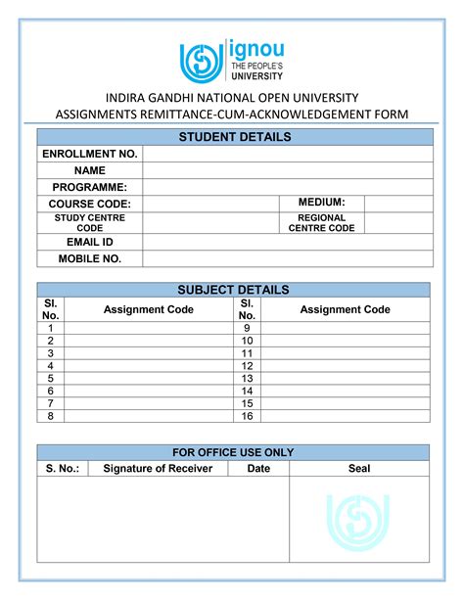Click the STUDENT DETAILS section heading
pos(233,137)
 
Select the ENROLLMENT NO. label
pos(89,154)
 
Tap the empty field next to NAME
pos(287,170)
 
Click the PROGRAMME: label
pos(89,187)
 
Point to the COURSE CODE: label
pos(89,204)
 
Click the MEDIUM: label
pos(322,203)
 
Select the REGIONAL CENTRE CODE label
pos(322,223)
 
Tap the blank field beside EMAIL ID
pos(287,242)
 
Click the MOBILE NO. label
pos(89,258)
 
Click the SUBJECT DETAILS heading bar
pos(233,290)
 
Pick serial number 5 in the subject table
pos(50,378)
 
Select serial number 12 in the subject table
pos(247,365)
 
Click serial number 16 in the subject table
pos(247,416)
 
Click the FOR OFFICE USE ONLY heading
pos(233,452)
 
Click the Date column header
pos(258,469)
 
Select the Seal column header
pos(359,469)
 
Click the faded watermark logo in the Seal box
pos(358,519)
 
